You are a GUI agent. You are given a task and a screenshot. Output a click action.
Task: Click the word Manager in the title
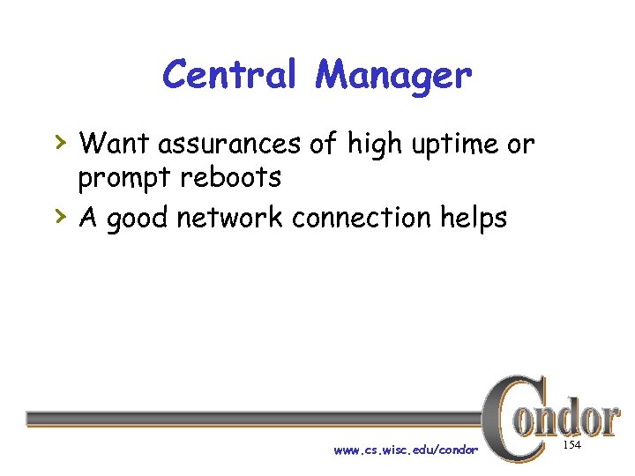[x=393, y=77]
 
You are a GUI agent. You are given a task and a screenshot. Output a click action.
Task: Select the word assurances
[x=228, y=143]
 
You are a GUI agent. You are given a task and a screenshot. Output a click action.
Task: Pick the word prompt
[x=123, y=179]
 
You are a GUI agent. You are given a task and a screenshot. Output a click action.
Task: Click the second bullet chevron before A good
[x=60, y=214]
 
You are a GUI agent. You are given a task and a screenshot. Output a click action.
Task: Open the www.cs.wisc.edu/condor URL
[x=406, y=450]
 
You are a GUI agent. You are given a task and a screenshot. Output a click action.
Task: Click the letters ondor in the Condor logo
[x=573, y=419]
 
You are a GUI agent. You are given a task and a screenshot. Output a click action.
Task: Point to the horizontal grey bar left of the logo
[x=256, y=418]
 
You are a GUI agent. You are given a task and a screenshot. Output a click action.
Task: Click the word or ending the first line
[x=520, y=144]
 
